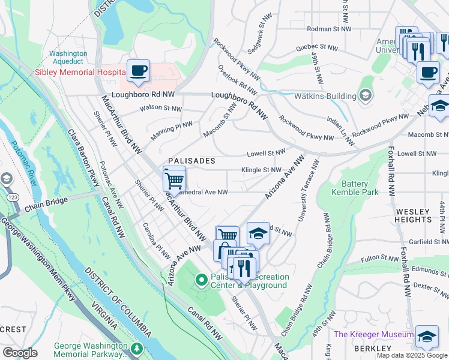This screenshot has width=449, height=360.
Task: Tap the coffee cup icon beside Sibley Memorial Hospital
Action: pyautogui.click(x=138, y=71)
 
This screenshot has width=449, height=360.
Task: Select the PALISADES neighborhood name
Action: pyautogui.click(x=191, y=161)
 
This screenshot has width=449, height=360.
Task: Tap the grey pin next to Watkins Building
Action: pyautogui.click(x=365, y=95)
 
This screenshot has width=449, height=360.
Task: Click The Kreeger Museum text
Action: pyautogui.click(x=373, y=334)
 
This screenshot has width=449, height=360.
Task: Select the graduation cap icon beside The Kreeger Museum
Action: pyautogui.click(x=427, y=337)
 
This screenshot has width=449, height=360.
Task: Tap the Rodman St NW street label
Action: pyautogui.click(x=328, y=28)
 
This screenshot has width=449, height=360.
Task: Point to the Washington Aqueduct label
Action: pyautogui.click(x=68, y=58)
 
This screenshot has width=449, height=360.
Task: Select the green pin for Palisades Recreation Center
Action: pyautogui.click(x=201, y=280)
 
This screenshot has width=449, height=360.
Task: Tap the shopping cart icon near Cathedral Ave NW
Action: pyautogui.click(x=174, y=179)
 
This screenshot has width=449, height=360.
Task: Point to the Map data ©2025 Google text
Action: pyautogui.click(x=411, y=355)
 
